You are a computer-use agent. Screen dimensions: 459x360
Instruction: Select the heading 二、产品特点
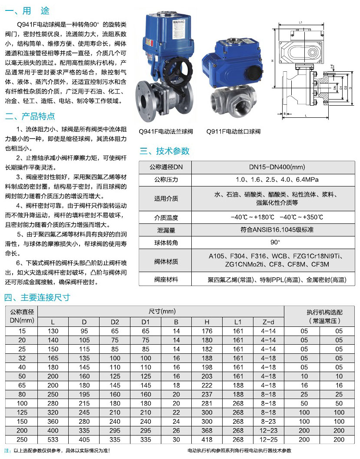point(30,116)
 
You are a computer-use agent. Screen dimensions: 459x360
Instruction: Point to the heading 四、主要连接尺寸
point(37,298)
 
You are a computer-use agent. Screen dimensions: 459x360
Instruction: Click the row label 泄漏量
point(166,230)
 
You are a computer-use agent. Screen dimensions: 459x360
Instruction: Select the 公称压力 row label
point(166,180)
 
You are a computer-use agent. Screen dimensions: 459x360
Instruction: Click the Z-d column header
point(269,322)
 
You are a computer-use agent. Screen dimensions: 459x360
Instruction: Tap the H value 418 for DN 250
point(207,440)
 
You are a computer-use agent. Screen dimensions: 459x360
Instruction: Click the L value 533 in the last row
point(53,440)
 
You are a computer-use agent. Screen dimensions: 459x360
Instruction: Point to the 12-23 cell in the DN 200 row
point(269,431)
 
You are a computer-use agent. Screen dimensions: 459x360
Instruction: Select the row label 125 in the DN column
point(22,412)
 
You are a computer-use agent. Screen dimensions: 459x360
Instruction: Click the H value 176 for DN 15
point(207,331)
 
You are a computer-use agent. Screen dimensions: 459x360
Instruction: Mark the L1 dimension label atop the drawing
point(300,22)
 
